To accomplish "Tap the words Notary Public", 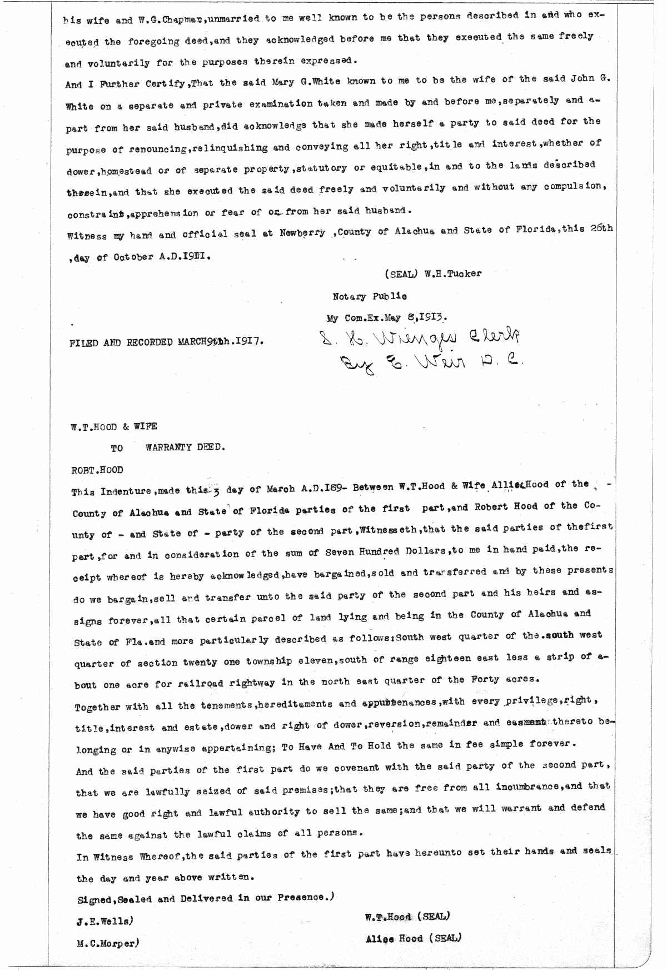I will point(369,296).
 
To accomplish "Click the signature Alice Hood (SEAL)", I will point(412,939).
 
